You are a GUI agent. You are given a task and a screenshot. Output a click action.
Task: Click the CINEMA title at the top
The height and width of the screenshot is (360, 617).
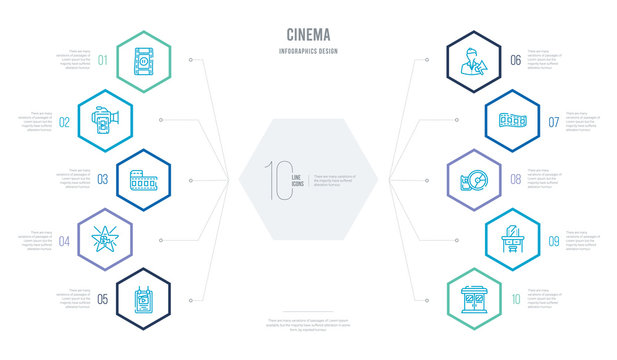(308, 32)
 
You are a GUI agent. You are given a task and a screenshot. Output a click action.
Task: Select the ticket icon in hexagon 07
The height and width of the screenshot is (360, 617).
(511, 120)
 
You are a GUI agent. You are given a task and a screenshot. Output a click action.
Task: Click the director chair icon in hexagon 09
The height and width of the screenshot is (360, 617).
(511, 240)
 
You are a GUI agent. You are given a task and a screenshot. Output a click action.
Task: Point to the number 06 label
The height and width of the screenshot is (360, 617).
(515, 61)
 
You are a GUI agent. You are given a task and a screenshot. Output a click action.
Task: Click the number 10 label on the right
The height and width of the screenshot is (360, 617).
(515, 299)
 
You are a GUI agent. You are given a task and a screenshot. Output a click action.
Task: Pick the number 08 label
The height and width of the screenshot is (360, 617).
(515, 181)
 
